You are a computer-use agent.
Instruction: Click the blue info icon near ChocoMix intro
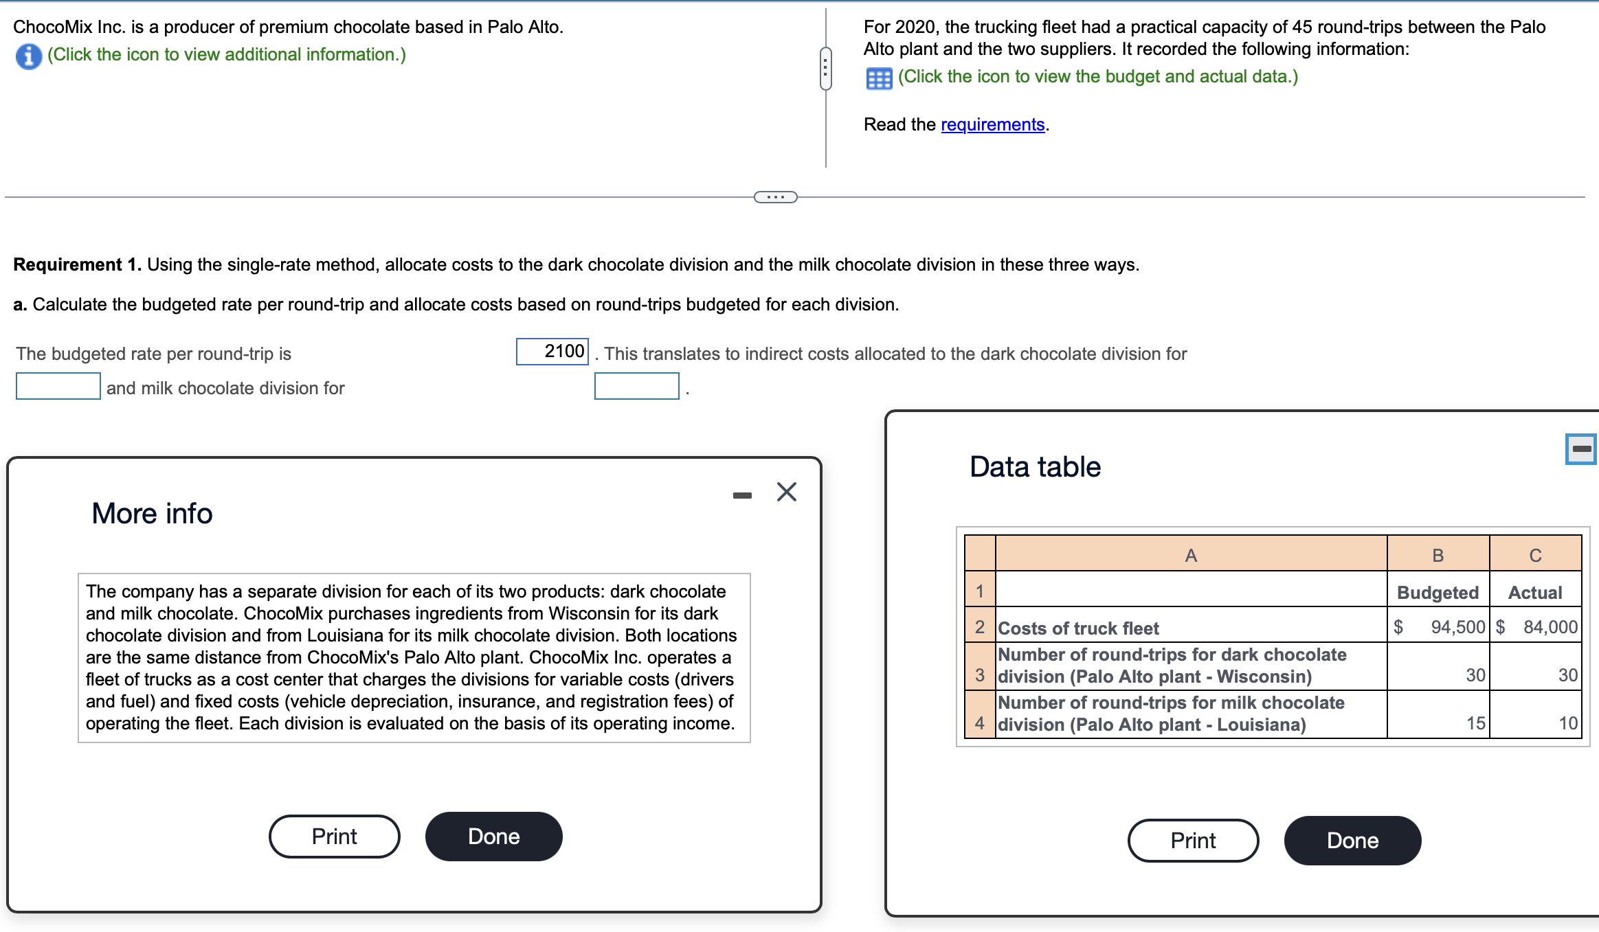[x=28, y=56]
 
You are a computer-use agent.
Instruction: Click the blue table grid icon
[x=879, y=78]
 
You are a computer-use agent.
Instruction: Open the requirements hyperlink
[x=992, y=124]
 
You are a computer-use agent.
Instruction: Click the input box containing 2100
[x=552, y=352]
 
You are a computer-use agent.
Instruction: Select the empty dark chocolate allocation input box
[x=58, y=386]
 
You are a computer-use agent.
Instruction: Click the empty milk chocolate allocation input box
[x=636, y=386]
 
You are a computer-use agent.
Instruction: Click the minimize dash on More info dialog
[x=742, y=495]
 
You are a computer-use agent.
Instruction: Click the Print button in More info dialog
[x=334, y=836]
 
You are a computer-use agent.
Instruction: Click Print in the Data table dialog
[x=1193, y=840]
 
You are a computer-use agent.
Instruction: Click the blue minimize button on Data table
[x=1581, y=449]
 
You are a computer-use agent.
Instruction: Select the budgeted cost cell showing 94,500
[x=1438, y=627]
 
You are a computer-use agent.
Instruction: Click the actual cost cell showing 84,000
[x=1536, y=627]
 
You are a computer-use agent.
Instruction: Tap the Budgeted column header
[x=1438, y=592]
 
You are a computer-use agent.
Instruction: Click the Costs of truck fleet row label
[x=1078, y=628]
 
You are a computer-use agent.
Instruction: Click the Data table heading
[x=1035, y=467]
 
